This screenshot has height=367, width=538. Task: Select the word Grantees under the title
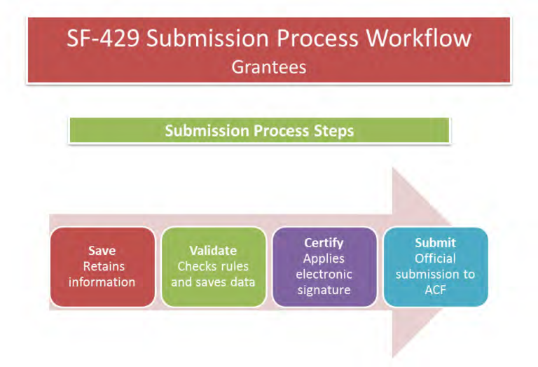click(x=269, y=68)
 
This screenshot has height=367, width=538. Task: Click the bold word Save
click(x=102, y=251)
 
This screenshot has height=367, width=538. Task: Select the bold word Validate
click(x=213, y=251)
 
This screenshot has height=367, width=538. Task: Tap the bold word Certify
click(x=324, y=243)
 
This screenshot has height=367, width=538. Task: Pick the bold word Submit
click(x=435, y=243)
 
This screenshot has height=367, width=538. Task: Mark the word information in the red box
click(x=102, y=283)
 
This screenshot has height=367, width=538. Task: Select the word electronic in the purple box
click(x=324, y=275)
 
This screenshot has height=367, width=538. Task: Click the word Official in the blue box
click(x=435, y=259)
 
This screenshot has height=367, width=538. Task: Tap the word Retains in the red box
click(x=102, y=267)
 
